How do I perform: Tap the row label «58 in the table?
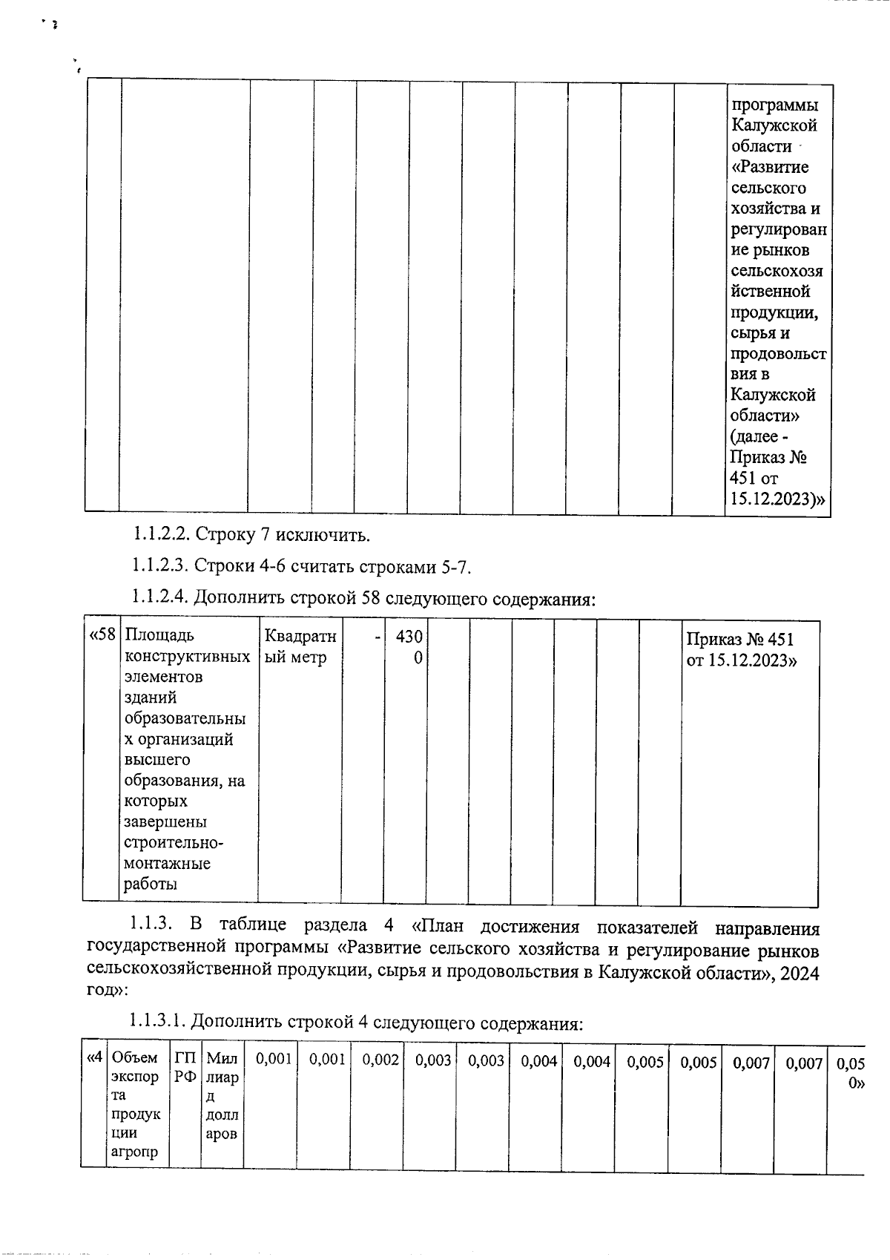[x=102, y=636]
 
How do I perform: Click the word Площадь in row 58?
[x=159, y=636]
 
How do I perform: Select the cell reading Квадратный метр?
[x=300, y=646]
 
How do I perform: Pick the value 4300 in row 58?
[x=409, y=646]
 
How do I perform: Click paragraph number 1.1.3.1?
[x=157, y=1024]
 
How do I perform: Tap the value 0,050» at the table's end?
[x=851, y=1072]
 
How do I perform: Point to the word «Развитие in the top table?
[x=769, y=167]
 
